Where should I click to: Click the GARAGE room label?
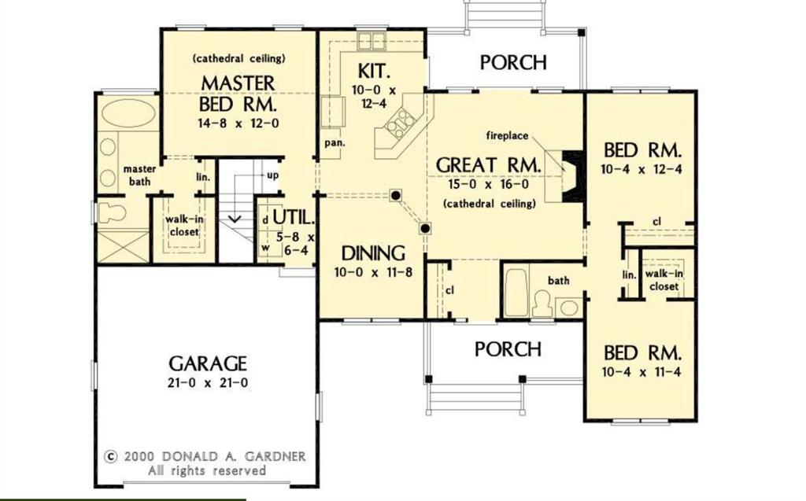[x=208, y=363]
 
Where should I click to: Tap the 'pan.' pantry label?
[x=332, y=143]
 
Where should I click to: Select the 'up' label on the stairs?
[x=272, y=175]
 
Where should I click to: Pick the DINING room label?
[x=373, y=253]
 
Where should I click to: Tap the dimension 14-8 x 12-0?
[x=238, y=123]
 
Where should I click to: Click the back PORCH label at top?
[x=513, y=62]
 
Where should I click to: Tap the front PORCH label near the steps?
[x=508, y=348]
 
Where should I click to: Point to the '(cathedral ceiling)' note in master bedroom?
[x=238, y=58]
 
